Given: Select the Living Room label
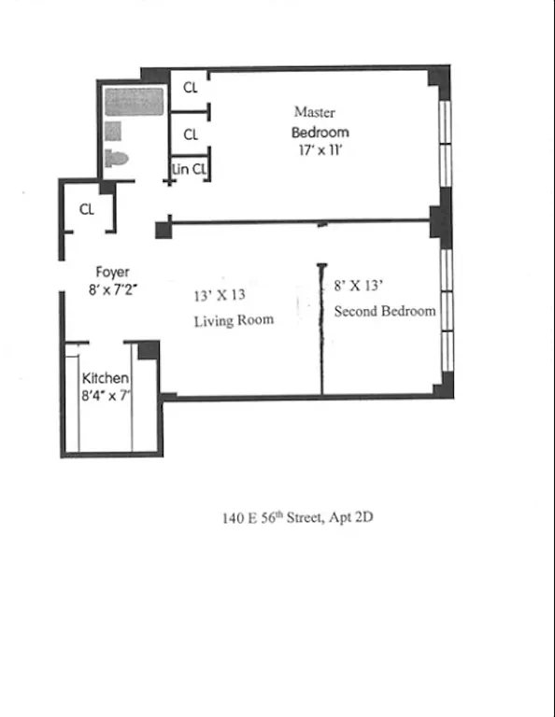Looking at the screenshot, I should (234, 320).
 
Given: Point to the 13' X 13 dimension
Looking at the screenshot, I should (220, 295).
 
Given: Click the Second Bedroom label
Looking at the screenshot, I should (385, 311).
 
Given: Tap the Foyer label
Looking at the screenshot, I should (112, 273).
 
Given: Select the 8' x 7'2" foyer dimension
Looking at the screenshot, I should (113, 289).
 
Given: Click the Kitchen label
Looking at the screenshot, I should (106, 378).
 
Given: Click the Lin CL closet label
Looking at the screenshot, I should (190, 170).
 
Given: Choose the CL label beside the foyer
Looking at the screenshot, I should (86, 210).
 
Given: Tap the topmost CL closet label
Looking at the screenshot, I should (191, 88).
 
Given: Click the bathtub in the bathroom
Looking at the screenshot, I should (135, 102).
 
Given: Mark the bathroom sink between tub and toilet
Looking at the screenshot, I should (113, 131).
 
